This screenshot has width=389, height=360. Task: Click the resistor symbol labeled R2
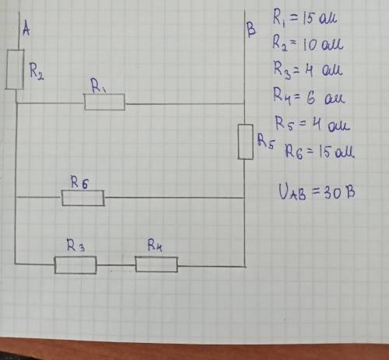click(x=15, y=69)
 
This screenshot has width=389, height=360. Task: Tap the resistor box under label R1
click(x=104, y=102)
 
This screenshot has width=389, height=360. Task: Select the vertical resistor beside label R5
click(x=246, y=142)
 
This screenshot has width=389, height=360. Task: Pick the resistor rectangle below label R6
click(x=83, y=198)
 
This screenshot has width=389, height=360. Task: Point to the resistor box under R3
click(x=75, y=265)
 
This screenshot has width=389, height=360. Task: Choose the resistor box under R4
click(x=156, y=264)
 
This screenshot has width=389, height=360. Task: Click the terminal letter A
click(x=26, y=29)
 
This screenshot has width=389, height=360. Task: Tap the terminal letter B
click(x=251, y=30)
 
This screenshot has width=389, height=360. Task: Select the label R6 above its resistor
click(x=79, y=183)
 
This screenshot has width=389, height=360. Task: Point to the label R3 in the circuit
click(x=75, y=245)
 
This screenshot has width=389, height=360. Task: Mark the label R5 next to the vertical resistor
click(x=265, y=142)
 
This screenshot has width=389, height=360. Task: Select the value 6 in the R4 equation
click(x=310, y=99)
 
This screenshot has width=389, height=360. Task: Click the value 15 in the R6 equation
click(x=324, y=152)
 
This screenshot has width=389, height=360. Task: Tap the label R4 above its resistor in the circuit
click(x=155, y=246)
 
